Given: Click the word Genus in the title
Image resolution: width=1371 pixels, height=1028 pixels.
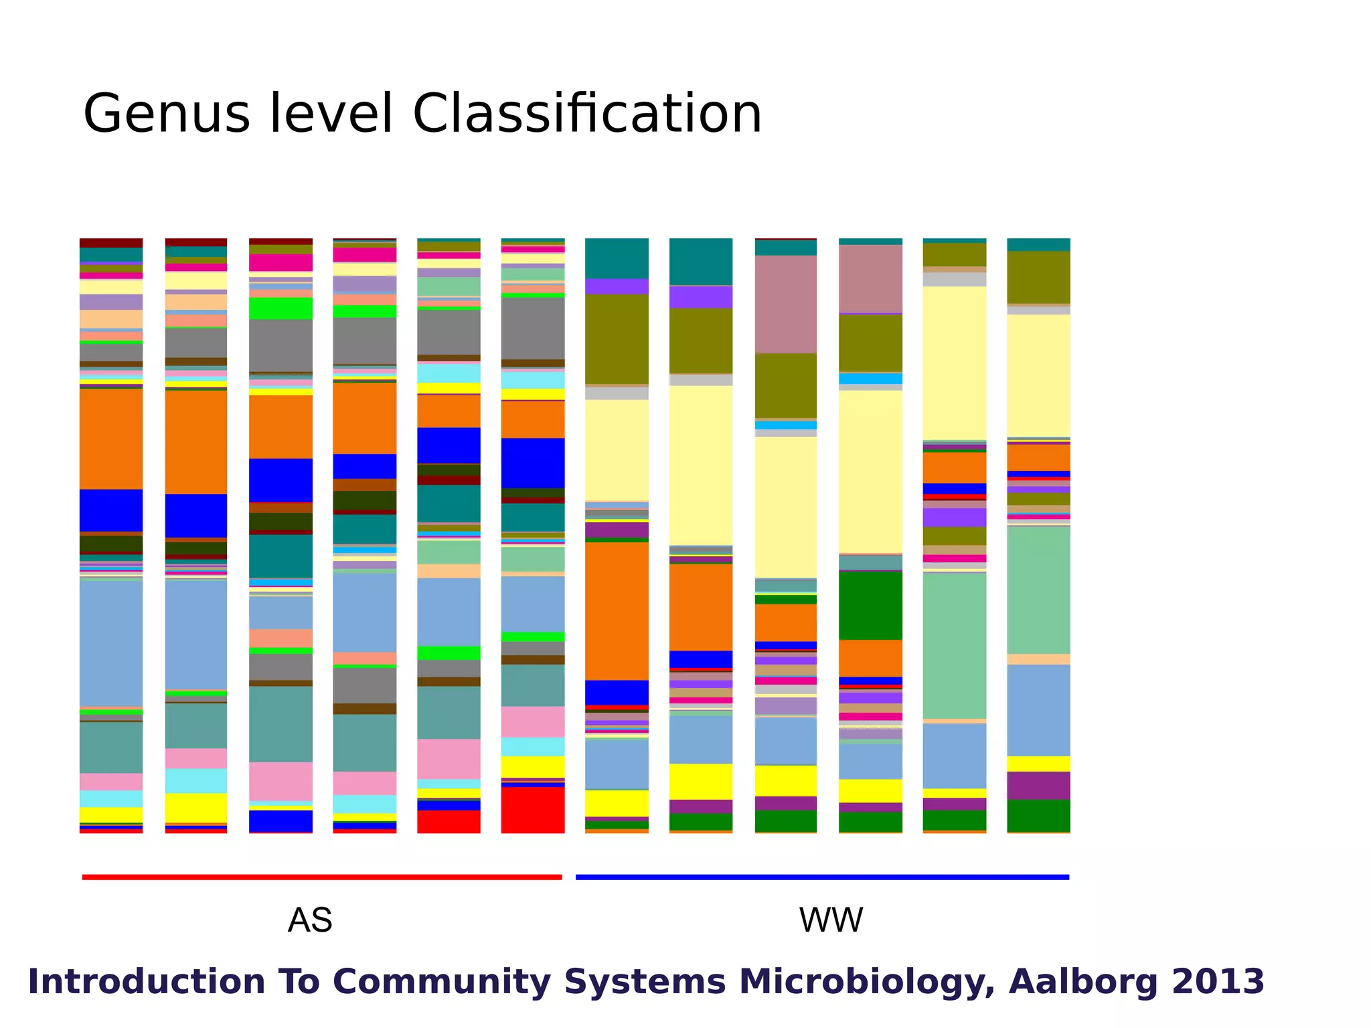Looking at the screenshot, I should pyautogui.click(x=166, y=114).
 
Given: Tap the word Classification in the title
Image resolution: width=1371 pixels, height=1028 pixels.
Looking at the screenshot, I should pyautogui.click(x=587, y=114).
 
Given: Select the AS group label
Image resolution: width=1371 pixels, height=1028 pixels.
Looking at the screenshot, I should pyautogui.click(x=310, y=920).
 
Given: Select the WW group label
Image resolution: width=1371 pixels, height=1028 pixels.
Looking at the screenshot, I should pyautogui.click(x=831, y=920).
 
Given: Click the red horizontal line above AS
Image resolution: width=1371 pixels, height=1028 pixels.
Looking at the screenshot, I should pyautogui.click(x=321, y=877).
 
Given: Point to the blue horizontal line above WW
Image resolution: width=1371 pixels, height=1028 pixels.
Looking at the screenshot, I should pyautogui.click(x=822, y=877).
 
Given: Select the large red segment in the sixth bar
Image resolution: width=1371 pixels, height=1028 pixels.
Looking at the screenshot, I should pyautogui.click(x=533, y=810).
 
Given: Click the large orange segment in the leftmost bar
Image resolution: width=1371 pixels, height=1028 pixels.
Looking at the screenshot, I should pyautogui.click(x=111, y=439).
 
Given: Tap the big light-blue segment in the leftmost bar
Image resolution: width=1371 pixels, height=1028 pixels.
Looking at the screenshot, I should pyautogui.click(x=111, y=642).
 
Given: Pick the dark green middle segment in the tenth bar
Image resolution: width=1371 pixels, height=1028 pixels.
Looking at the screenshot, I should pyautogui.click(x=870, y=606).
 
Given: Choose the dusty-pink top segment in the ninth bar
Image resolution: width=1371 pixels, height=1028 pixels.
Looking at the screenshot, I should pyautogui.click(x=786, y=304).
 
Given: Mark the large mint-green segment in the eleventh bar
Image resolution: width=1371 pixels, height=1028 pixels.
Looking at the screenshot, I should pyautogui.click(x=955, y=646).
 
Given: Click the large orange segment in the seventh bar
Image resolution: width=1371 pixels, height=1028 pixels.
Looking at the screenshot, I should pyautogui.click(x=617, y=611).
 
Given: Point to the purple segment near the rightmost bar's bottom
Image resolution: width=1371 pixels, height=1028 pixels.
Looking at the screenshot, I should pyautogui.click(x=1038, y=786).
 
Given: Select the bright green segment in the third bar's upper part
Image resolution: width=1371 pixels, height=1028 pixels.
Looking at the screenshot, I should pyautogui.click(x=280, y=309).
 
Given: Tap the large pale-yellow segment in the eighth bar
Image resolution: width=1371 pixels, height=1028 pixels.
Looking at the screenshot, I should pyautogui.click(x=701, y=465).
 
